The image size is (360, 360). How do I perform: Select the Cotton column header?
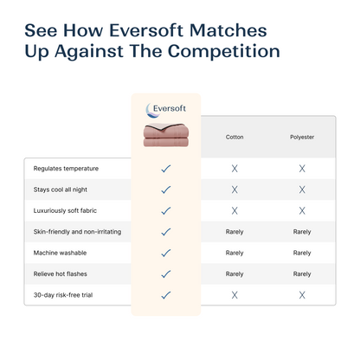tap(235, 137)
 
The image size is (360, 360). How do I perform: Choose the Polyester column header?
tap(302, 137)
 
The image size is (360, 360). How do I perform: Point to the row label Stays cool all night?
tap(61, 189)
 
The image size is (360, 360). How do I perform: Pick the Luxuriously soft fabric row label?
tap(67, 210)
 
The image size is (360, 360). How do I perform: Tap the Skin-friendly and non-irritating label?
tap(78, 231)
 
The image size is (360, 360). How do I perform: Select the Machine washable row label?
tap(60, 253)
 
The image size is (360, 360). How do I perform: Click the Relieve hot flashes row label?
tap(61, 273)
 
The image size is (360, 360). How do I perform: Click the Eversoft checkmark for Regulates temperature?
tap(166, 168)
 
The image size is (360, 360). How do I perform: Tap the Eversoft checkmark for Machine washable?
tap(166, 253)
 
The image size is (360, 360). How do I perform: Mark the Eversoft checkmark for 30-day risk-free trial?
tap(166, 295)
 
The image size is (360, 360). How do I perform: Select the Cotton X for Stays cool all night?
tap(235, 189)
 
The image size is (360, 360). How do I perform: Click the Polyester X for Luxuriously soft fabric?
tap(302, 210)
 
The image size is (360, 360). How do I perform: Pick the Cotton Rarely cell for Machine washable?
tap(235, 253)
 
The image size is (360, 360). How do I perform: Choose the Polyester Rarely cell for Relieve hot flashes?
tap(302, 273)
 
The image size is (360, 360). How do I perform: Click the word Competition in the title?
tap(228, 50)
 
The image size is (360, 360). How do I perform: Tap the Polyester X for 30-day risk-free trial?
tap(302, 295)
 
